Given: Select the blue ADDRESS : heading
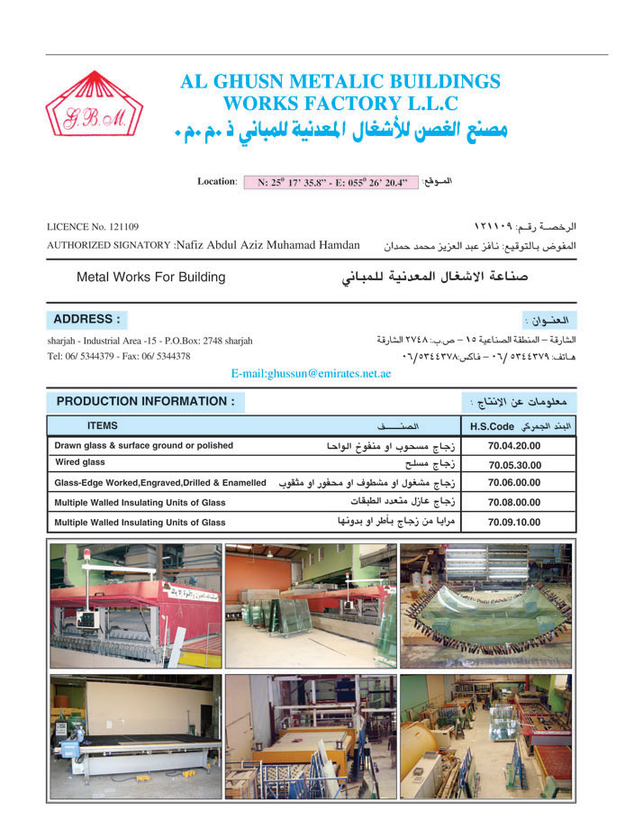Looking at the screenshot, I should pyautogui.click(x=86, y=320).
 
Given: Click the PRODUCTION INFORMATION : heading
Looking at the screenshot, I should pyautogui.click(x=145, y=401).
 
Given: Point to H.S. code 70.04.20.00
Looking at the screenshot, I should pyautogui.click(x=514, y=446).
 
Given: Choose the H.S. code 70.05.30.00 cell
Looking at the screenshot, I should pyautogui.click(x=514, y=465).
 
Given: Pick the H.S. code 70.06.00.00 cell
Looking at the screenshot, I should pyautogui.click(x=514, y=484).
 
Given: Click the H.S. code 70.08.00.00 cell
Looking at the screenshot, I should pyautogui.click(x=514, y=503).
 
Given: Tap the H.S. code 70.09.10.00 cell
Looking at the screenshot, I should pyautogui.click(x=514, y=522).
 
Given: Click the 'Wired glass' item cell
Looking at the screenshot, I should pyautogui.click(x=80, y=462).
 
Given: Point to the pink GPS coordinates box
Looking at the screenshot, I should pyautogui.click(x=332, y=182).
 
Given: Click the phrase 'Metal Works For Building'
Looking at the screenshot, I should pyautogui.click(x=150, y=277).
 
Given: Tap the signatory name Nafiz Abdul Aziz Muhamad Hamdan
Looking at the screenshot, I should pyautogui.click(x=267, y=245).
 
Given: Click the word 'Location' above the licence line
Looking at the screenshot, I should pyautogui.click(x=216, y=181).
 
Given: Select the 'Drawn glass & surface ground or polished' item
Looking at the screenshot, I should pyautogui.click(x=143, y=445).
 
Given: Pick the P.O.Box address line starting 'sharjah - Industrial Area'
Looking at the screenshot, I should pyautogui.click(x=149, y=341).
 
